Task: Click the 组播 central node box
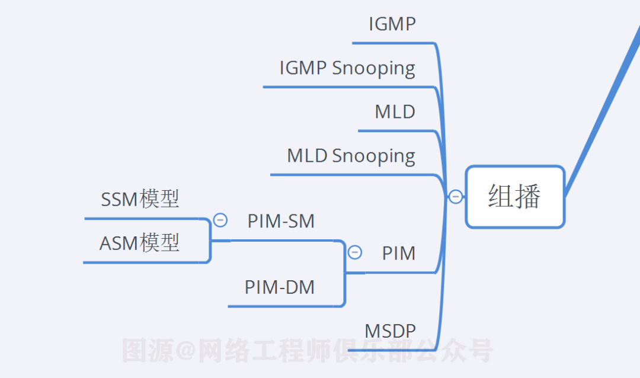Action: [514, 197]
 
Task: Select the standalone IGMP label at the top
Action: [392, 24]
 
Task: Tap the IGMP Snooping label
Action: [347, 68]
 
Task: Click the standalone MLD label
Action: [395, 112]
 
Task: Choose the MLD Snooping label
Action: [351, 156]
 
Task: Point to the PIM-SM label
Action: [281, 222]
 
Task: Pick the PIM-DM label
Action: [280, 287]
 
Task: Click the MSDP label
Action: [390, 331]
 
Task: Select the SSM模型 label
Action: [140, 200]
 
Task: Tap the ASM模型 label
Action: [139, 243]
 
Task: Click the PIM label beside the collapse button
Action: [398, 254]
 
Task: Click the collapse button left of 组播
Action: [455, 197]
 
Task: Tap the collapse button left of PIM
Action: [355, 252]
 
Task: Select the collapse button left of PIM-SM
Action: [220, 220]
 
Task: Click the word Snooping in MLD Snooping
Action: [373, 156]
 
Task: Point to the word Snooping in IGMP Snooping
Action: [373, 69]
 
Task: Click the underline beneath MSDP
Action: [391, 350]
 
